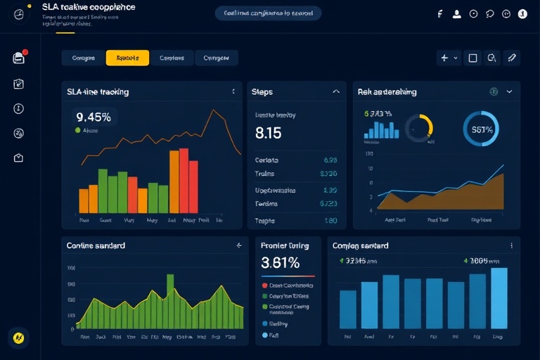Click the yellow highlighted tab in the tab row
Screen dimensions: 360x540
pos(127,58)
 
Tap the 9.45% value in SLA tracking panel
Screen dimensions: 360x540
pos(94,117)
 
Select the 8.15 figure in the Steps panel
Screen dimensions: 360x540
pos(268,132)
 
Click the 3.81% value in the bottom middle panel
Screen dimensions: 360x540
pos(280,263)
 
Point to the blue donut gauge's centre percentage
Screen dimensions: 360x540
pos(481,129)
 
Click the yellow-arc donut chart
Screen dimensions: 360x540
pos(419,127)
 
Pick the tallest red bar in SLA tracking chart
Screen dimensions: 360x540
pos(184,180)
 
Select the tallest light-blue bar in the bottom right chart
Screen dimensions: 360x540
pos(499,298)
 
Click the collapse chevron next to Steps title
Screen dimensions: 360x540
pos(336,91)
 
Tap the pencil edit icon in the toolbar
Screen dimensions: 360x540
pos(511,58)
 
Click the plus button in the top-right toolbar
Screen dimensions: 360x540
pos(444,58)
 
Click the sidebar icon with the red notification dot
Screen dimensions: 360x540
pos(19,58)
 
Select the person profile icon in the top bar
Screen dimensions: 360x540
pos(456,13)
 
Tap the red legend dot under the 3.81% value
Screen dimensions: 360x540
pos(264,285)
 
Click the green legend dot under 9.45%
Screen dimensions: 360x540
pos(77,130)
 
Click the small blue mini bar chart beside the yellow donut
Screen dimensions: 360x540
pos(381,129)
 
